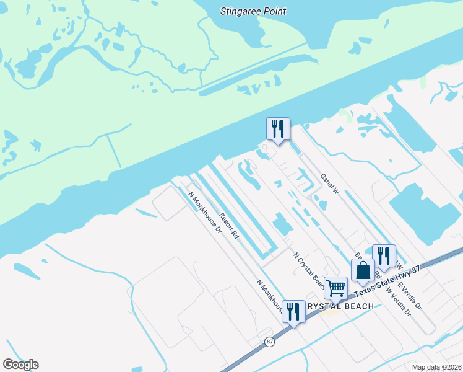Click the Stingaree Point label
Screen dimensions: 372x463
[254, 11]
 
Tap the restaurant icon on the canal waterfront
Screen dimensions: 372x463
[278, 129]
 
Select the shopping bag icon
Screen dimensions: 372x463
[363, 270]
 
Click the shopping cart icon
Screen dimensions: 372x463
[335, 287]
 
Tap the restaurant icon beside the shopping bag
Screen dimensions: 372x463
[384, 255]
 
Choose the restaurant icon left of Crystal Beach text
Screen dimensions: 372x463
[293, 311]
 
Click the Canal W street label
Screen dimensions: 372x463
[331, 184]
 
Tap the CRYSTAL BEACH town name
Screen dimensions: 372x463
[339, 306]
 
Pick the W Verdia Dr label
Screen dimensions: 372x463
[399, 301]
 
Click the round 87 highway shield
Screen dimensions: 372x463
[269, 342]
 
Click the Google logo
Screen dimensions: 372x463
[20, 365]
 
